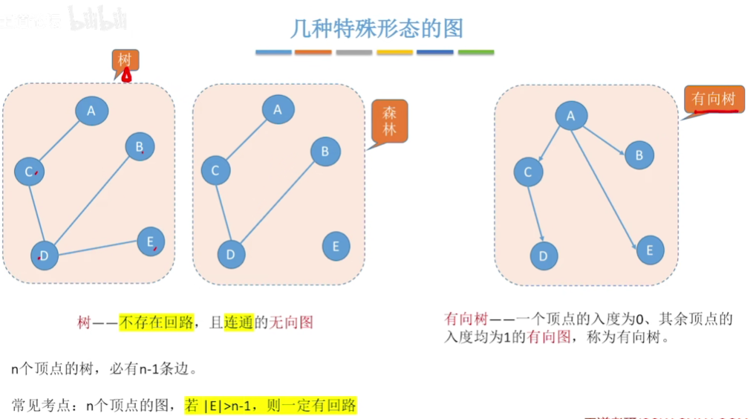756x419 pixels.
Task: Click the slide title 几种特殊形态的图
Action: [377, 28]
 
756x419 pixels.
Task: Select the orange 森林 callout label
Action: [389, 121]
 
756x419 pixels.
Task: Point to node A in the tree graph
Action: [91, 111]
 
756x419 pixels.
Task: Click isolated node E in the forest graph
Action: [336, 247]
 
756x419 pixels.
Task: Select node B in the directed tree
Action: [639, 155]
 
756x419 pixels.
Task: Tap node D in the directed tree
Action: [544, 256]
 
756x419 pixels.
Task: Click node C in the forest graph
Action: [215, 171]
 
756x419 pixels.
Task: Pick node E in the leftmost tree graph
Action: [151, 241]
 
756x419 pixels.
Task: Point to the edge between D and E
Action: [97, 249]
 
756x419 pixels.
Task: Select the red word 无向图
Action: [290, 322]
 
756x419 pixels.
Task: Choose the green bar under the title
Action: [475, 53]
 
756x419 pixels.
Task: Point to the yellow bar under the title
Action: [394, 53]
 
